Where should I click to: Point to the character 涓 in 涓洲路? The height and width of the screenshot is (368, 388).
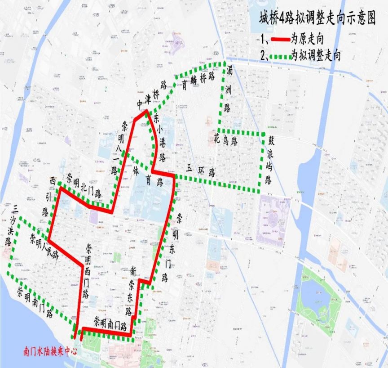coord(228,71)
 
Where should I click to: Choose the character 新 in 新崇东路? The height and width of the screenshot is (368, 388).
coord(132,271)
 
